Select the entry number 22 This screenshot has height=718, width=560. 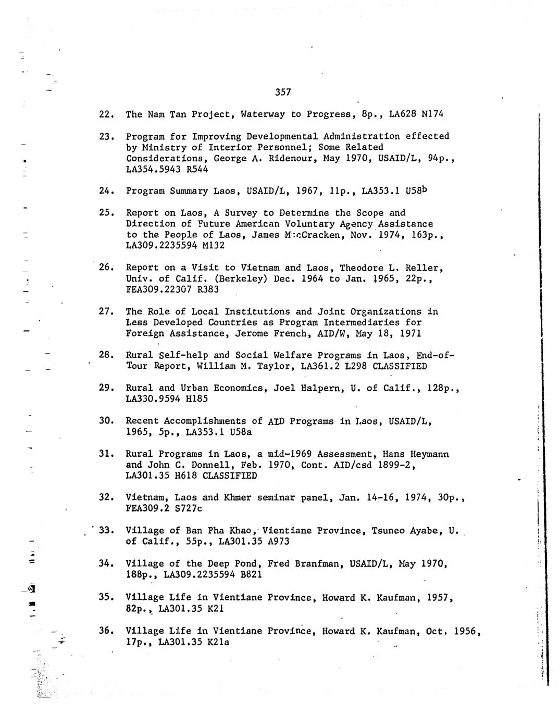[x=106, y=114]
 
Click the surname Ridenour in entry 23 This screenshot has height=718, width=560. [x=290, y=158]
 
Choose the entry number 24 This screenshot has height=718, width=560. [x=106, y=191]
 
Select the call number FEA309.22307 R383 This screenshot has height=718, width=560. [x=172, y=290]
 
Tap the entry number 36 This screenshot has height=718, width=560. [x=106, y=631]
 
